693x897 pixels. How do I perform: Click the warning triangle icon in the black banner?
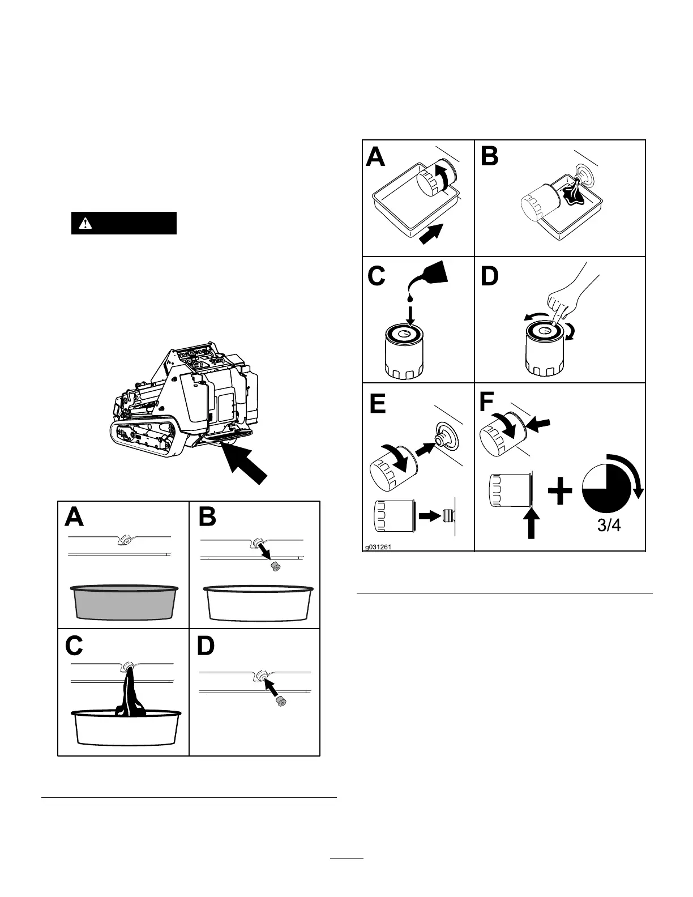coord(85,223)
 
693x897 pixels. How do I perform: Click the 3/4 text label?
coord(609,525)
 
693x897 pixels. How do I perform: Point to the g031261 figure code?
coord(378,547)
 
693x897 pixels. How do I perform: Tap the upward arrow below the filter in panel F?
coord(531,524)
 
